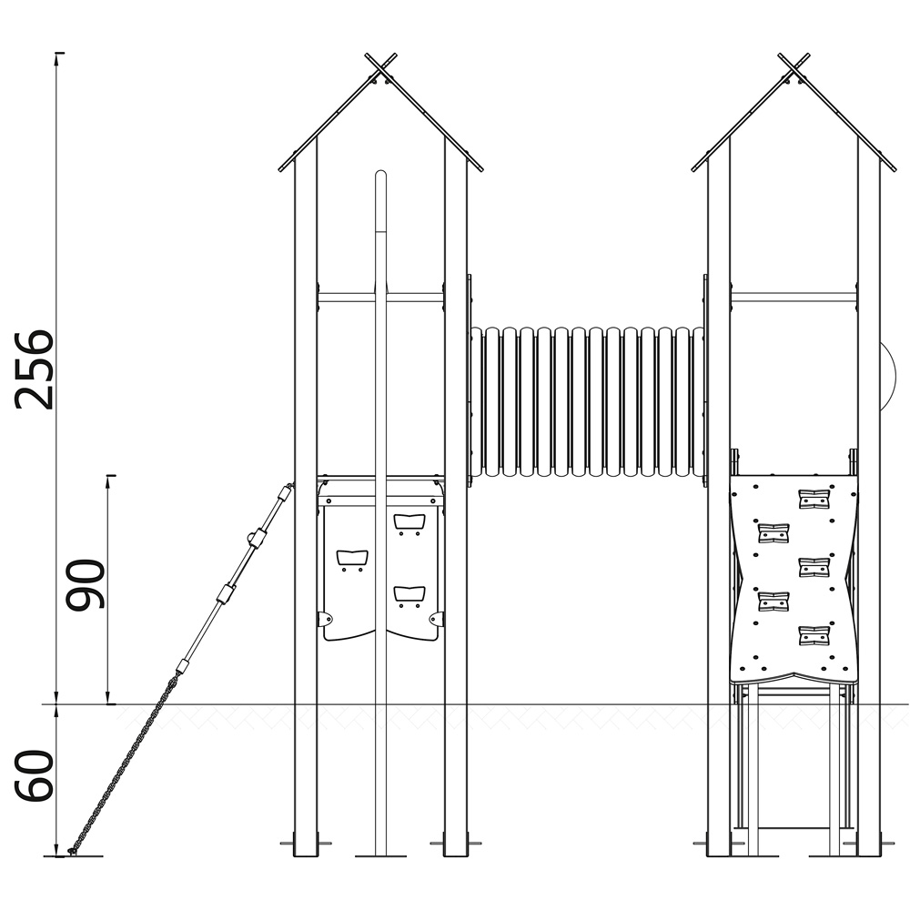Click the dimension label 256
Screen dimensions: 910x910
click(34, 369)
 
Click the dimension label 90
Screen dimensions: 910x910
click(86, 584)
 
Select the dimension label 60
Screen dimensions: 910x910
click(34, 776)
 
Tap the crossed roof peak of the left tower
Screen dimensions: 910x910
click(380, 69)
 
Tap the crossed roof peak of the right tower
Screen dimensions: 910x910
click(794, 69)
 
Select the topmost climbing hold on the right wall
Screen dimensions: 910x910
click(814, 499)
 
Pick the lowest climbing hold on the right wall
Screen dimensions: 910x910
click(814, 635)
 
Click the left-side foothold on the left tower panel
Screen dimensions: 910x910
click(352, 558)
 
